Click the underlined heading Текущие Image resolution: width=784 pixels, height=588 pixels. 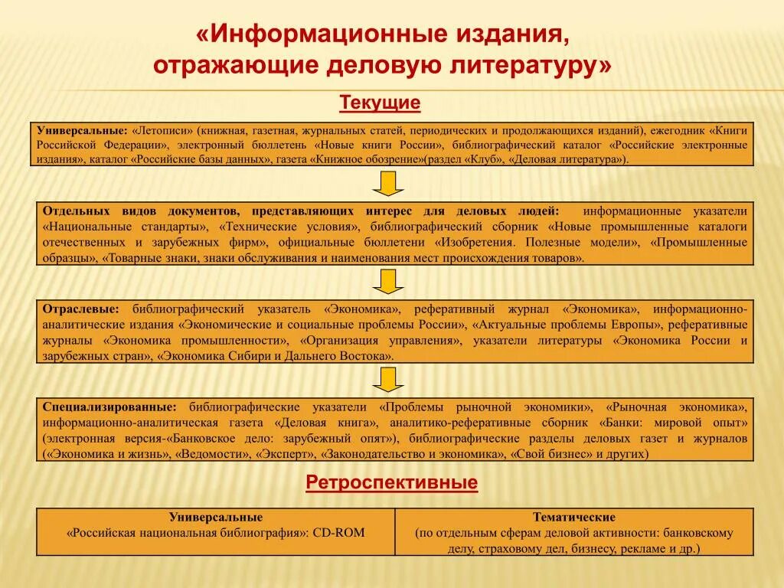click(x=381, y=103)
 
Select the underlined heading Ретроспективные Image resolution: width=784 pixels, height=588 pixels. click(x=392, y=482)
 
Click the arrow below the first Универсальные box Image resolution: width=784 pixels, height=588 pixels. click(x=388, y=184)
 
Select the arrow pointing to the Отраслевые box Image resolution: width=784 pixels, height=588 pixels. click(x=388, y=281)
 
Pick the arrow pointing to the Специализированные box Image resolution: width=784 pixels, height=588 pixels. click(x=388, y=379)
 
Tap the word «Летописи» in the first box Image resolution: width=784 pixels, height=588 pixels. click(x=163, y=130)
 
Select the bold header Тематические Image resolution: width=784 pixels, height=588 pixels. click(x=574, y=518)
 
